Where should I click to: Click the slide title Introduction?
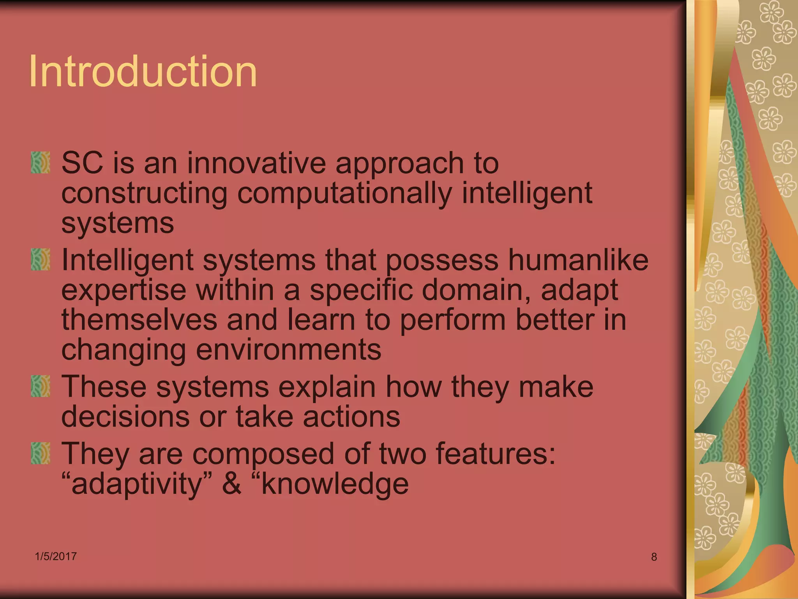pos(143,71)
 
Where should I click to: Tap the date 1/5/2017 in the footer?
pos(56,556)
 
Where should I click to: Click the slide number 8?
pos(654,557)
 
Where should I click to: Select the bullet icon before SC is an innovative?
pos(41,163)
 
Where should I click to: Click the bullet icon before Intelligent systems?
pos(41,259)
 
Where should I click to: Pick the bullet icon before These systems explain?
pos(41,386)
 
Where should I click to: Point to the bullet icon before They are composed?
pos(41,453)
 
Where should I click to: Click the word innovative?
pos(256,163)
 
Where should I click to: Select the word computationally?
pos(344,194)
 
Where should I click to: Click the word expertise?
pos(124,290)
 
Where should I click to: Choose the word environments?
pos(288,349)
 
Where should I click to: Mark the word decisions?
pos(125,416)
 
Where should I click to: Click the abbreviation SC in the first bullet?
pos(82,163)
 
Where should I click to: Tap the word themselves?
pos(139,320)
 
